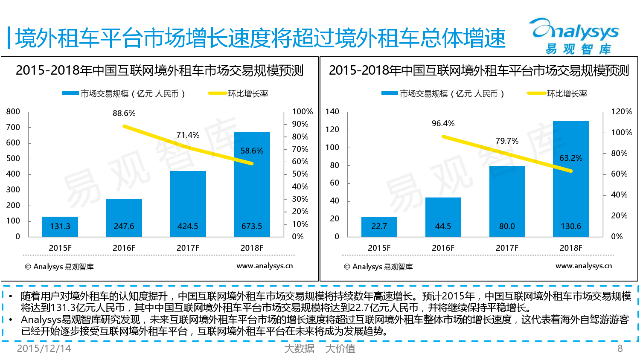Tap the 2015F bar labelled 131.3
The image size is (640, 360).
pos(60,226)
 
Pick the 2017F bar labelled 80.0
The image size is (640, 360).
pos(507,201)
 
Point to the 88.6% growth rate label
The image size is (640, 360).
pos(124,113)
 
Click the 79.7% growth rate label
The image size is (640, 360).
pos(507,141)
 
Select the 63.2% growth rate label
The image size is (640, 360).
pos(571,158)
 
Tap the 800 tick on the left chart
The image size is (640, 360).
pos(13,112)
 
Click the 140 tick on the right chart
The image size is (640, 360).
pos(332,112)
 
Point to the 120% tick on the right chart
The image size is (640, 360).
pos(622,112)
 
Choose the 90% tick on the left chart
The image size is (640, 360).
pos(300,124)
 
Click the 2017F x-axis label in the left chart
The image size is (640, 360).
pos(188,248)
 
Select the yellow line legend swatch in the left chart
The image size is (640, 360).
pos(217,93)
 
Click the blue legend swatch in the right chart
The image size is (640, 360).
pos(390,93)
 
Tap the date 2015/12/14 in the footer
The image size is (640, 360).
pos(44,348)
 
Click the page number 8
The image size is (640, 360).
pos(620,348)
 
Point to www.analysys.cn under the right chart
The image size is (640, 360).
pos(584,266)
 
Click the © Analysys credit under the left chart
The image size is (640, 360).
pos(59,267)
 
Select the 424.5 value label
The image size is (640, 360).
pos(188,226)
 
